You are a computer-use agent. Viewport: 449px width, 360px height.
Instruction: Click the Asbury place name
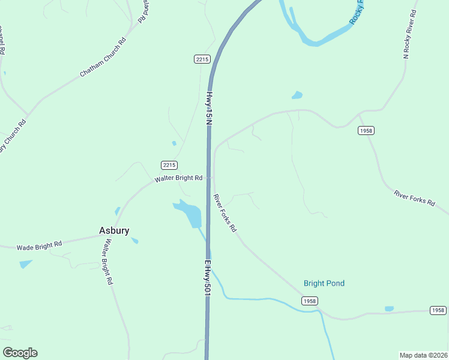(114, 230)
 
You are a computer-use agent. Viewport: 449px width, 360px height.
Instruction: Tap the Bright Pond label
(324, 283)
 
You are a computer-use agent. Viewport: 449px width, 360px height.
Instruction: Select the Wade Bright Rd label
(40, 245)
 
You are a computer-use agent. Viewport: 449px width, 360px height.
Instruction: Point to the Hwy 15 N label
(209, 107)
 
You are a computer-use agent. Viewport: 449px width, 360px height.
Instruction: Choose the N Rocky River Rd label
(409, 34)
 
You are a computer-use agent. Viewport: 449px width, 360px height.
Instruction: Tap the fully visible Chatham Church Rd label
(103, 58)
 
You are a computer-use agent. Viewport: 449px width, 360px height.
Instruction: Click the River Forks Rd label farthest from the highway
(414, 197)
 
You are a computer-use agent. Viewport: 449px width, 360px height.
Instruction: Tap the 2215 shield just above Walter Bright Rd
(169, 165)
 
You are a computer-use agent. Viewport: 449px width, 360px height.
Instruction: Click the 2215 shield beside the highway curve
(202, 58)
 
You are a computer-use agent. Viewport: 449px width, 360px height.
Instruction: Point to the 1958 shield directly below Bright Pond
(309, 301)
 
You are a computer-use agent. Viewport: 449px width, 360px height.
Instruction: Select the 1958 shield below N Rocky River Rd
(366, 130)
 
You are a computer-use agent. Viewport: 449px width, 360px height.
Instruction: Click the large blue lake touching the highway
(190, 213)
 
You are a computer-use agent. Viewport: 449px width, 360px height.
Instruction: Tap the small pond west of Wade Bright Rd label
(26, 263)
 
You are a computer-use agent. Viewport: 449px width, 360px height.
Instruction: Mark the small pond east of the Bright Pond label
(389, 308)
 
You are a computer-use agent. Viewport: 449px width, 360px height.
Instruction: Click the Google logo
(20, 353)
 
